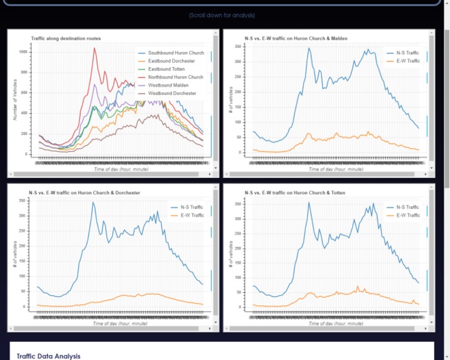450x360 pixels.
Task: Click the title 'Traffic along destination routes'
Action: [x=65, y=39]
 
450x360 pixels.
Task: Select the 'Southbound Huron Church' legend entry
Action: [x=175, y=53]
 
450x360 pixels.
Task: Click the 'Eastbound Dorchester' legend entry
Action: [x=171, y=61]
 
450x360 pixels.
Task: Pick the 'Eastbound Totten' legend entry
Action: [x=167, y=69]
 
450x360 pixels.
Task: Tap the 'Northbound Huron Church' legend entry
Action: [x=175, y=77]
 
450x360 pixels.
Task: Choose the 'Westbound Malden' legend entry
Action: [x=168, y=85]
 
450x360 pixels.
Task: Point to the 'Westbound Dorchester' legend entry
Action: [x=172, y=94]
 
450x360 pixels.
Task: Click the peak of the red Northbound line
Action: [x=94, y=48]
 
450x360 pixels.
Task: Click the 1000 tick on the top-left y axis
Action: [x=23, y=52]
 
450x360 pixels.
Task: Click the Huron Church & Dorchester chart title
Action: [x=84, y=192]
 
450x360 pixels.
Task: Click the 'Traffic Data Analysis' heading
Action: [x=48, y=356]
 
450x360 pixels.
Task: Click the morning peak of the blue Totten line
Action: [x=309, y=202]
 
